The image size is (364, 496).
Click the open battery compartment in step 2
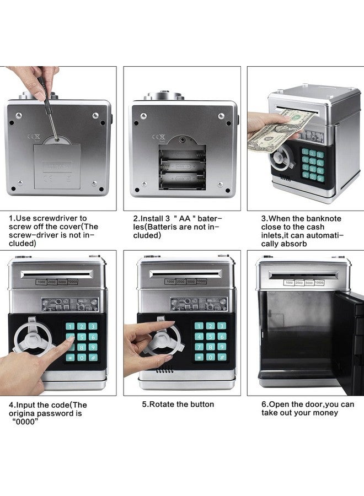pyautogui.click(x=183, y=167)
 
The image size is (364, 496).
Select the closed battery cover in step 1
pyautogui.click(x=57, y=165)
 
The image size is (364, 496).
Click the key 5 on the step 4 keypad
pyautogui.click(x=81, y=337)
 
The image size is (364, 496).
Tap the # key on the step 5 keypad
pyautogui.click(x=222, y=357)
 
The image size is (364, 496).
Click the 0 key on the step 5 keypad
pyautogui.click(x=211, y=357)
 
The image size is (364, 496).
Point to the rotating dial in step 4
pyautogui.click(x=31, y=339)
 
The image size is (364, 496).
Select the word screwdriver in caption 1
pyautogui.click(x=60, y=218)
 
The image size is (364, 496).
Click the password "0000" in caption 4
pyautogui.click(x=25, y=422)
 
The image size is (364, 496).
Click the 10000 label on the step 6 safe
pyautogui.click(x=319, y=283)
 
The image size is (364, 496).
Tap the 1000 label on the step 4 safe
pyautogui.click(x=41, y=282)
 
